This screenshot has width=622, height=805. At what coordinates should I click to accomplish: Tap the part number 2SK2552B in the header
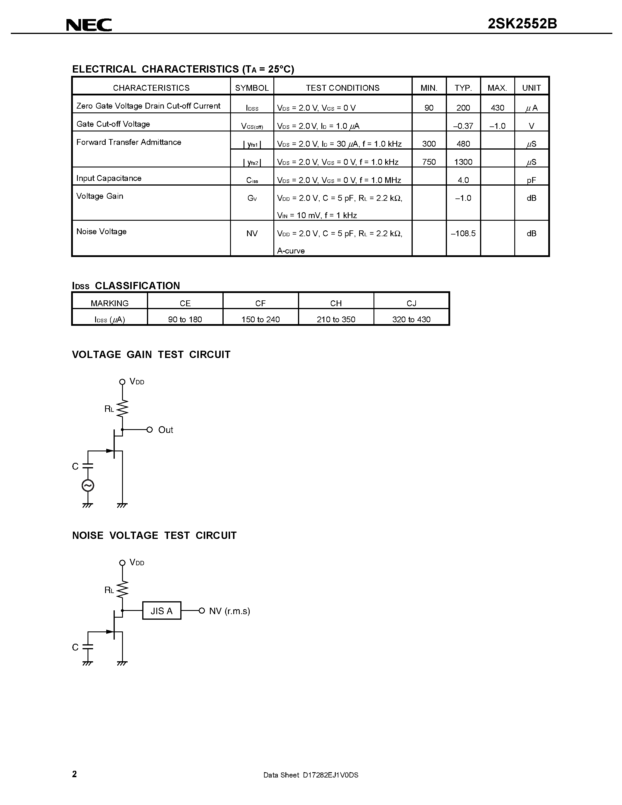pos(522,24)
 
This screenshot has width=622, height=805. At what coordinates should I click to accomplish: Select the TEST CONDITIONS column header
pos(342,88)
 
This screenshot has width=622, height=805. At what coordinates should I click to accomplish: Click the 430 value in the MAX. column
pos(497,108)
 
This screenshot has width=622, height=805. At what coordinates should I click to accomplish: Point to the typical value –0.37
pos(463,126)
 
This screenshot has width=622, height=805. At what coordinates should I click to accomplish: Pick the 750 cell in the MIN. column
pos(429,162)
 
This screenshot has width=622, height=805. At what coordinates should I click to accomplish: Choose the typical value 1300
pos(463,162)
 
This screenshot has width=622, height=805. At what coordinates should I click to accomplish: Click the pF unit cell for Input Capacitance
pos(531,180)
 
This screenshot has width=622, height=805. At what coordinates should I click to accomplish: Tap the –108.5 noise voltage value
pos(463,233)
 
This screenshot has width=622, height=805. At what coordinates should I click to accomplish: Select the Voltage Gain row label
pos(100,196)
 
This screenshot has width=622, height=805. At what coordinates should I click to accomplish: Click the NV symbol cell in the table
pos(252,233)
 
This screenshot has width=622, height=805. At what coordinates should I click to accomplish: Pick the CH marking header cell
pos(336,303)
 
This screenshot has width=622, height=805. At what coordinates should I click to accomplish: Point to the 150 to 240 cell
pos(261,319)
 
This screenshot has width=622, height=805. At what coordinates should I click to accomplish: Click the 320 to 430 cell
pos(411,319)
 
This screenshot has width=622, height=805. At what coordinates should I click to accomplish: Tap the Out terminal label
pos(165,430)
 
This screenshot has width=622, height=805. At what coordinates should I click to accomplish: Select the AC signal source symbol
pos(88,486)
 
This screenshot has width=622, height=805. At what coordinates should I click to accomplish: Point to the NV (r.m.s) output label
pos(229,611)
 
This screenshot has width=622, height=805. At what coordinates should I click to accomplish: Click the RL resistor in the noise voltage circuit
pos(122,589)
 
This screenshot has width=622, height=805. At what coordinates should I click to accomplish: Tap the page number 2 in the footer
pos(74,774)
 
